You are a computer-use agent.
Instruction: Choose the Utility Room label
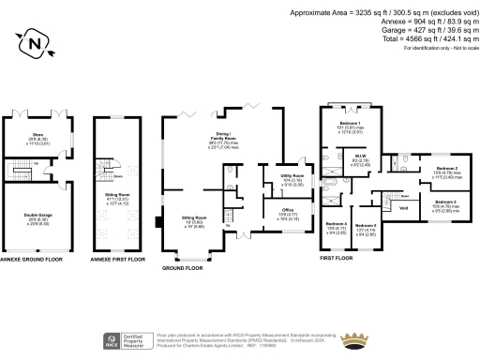point(292,175)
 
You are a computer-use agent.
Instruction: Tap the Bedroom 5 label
point(366,225)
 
